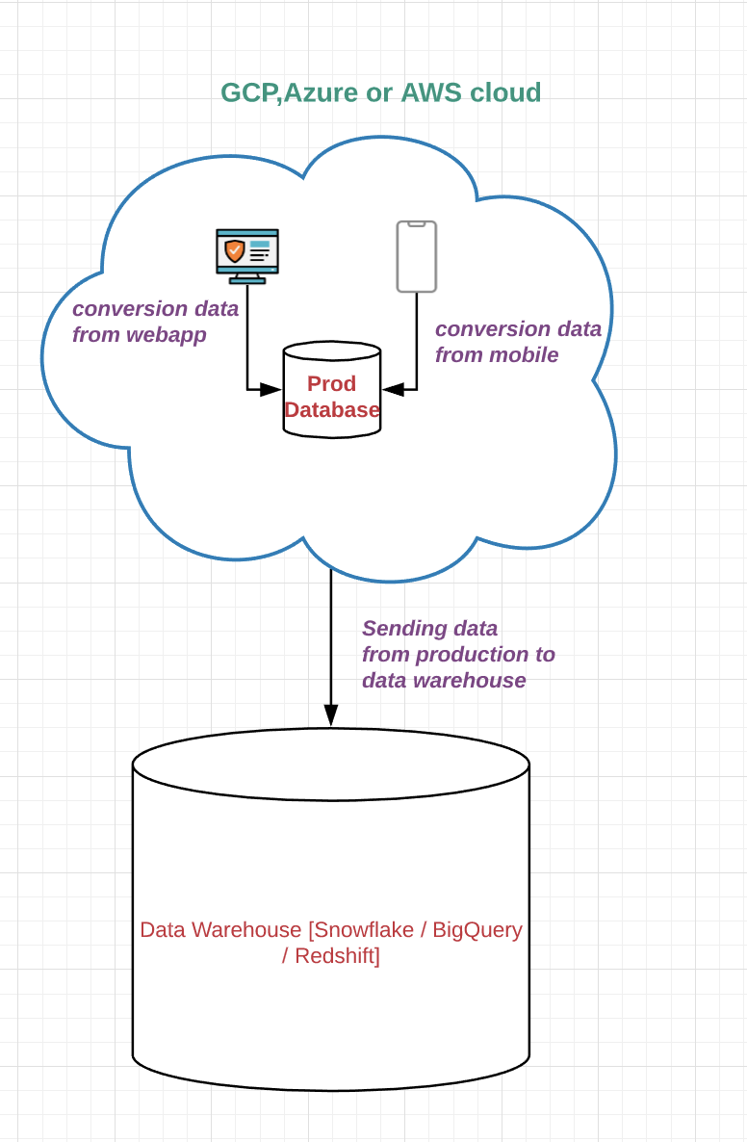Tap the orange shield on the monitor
234,251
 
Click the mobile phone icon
417,256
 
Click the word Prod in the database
332,383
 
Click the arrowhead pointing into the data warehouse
331,715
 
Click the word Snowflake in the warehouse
363,930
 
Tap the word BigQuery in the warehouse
477,930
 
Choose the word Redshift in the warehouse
337,956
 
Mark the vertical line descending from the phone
417,337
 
